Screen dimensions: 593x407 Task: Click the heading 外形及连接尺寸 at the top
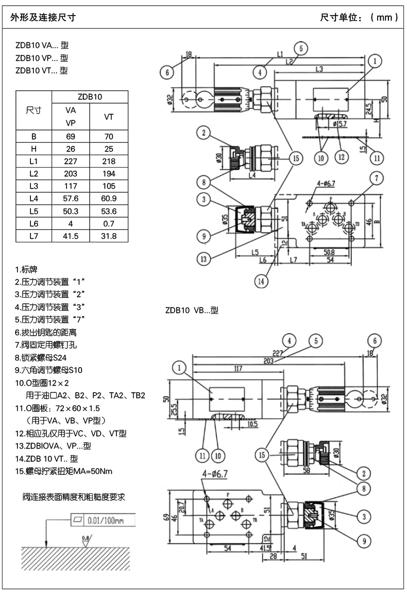43,18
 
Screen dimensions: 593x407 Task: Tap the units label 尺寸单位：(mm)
359,18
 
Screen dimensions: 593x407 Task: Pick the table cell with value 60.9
109,199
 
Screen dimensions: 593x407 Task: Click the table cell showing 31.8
109,236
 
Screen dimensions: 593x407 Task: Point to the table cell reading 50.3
71,211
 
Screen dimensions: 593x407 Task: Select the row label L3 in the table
34,186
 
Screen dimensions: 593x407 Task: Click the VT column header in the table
109,117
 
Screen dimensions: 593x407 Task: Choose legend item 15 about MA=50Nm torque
63,471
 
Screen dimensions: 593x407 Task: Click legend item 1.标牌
26,270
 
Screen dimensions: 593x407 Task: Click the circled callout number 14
262,281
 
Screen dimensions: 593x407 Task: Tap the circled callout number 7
376,179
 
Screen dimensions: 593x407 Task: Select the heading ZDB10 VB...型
192,310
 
